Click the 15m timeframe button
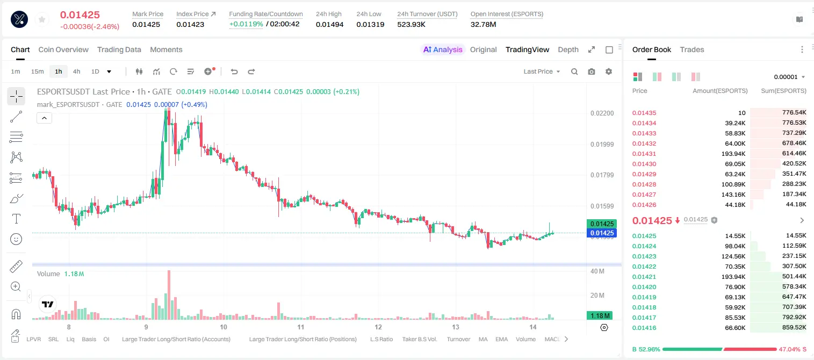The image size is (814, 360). (x=38, y=71)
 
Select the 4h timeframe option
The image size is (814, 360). (x=76, y=71)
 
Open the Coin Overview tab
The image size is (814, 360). (x=63, y=49)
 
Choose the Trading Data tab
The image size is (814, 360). (x=119, y=49)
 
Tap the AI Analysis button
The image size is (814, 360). (x=443, y=49)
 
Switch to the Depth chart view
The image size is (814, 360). (x=568, y=49)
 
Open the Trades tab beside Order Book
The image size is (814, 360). (x=692, y=49)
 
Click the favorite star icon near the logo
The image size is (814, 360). (x=42, y=19)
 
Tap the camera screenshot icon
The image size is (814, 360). (x=592, y=71)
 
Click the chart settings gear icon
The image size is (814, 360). (x=609, y=71)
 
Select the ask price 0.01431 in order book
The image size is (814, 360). (x=644, y=154)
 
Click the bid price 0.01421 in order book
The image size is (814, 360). (x=644, y=277)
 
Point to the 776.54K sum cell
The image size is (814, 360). (x=794, y=113)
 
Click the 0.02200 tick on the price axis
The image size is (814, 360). (x=602, y=113)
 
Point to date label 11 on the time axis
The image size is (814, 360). (x=300, y=327)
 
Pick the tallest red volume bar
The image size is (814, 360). (x=169, y=294)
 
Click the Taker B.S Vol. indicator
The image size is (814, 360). (x=419, y=339)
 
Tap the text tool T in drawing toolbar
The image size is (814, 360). (x=16, y=219)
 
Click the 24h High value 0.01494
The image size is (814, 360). (x=329, y=24)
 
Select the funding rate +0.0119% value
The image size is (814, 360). (x=246, y=24)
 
